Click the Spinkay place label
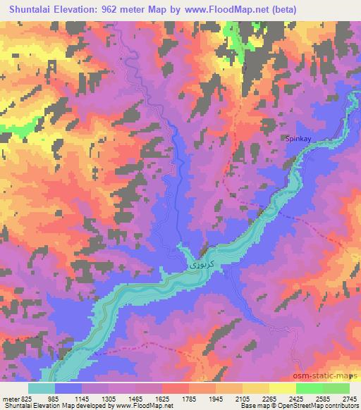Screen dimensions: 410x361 (298, 139)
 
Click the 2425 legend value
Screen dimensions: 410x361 (300, 398)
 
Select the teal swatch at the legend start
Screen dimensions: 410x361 (42, 387)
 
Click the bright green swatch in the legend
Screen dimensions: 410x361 (310, 387)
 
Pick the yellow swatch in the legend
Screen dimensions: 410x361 (283, 387)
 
